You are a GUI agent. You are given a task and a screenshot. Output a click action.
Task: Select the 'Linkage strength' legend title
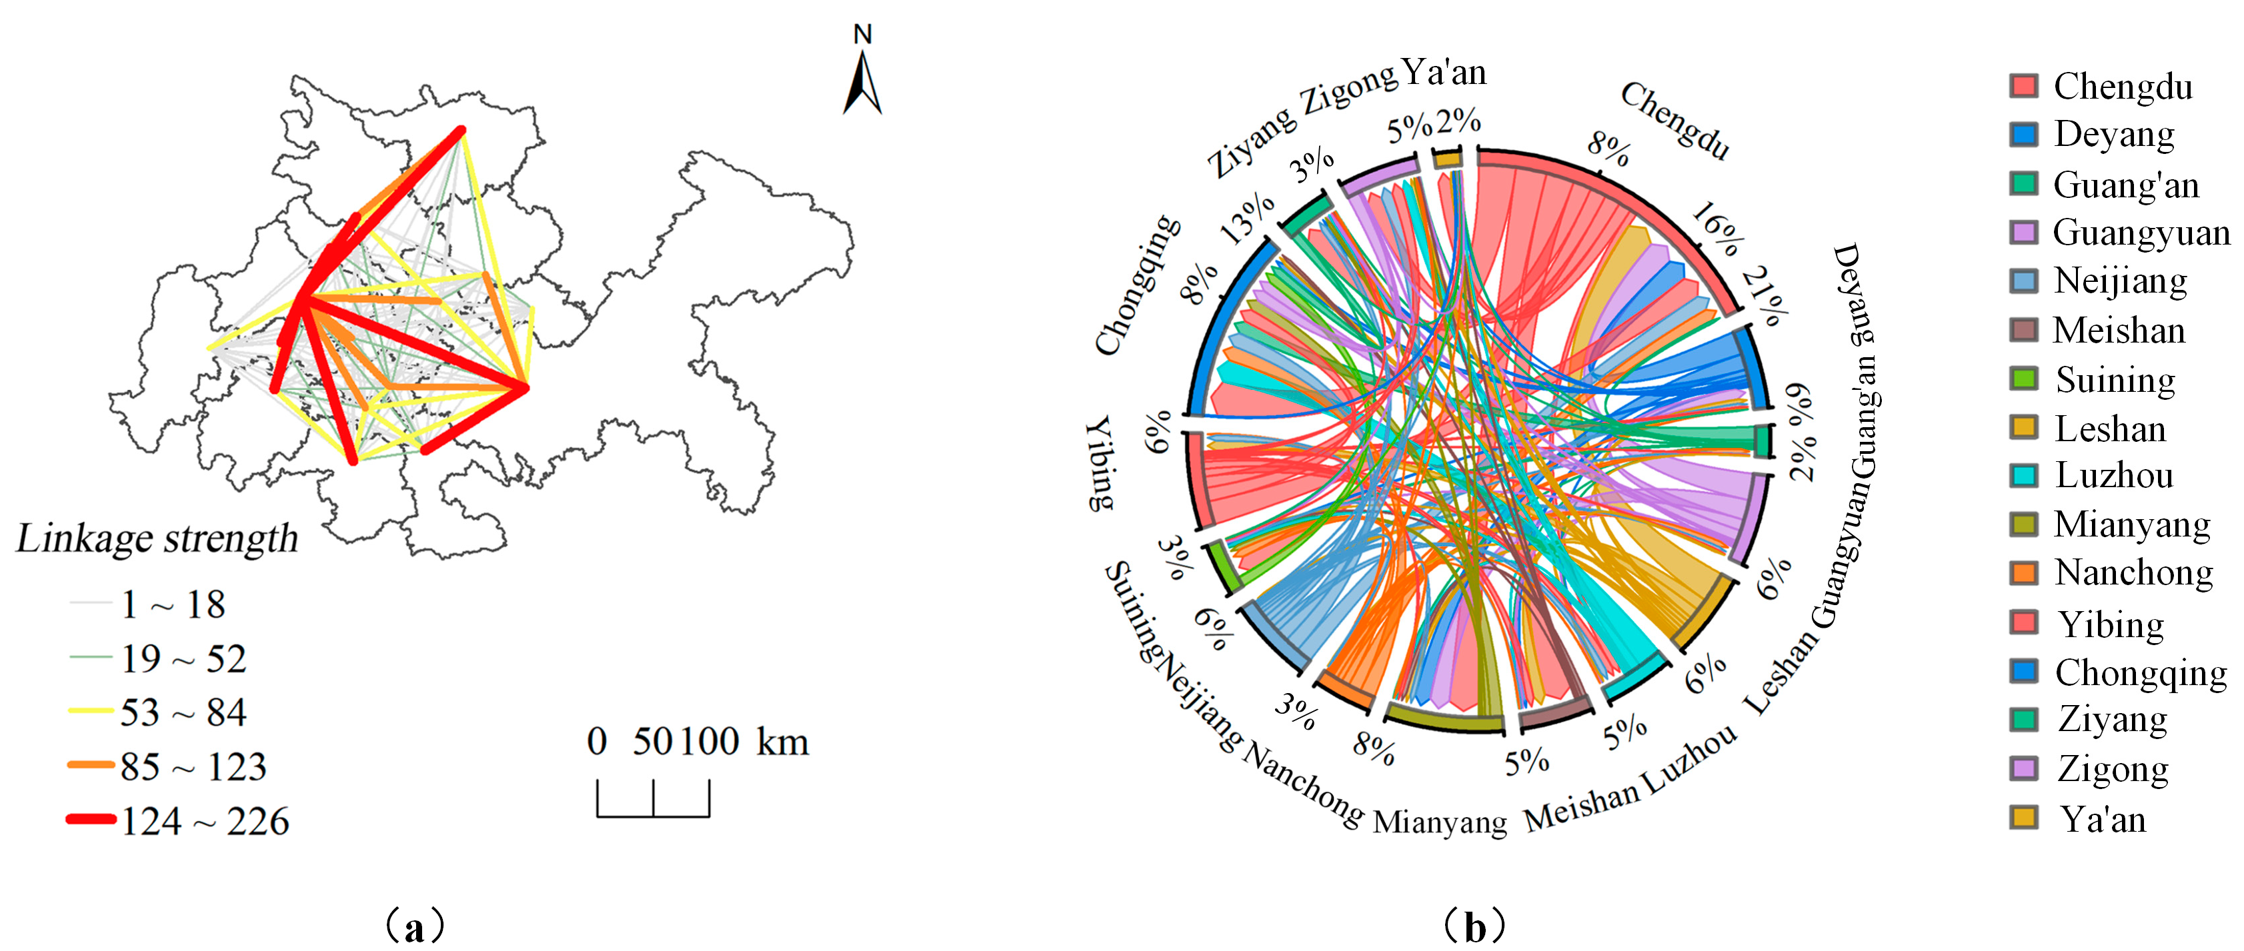tap(157, 538)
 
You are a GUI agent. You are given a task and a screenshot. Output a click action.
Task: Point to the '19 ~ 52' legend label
tap(183, 658)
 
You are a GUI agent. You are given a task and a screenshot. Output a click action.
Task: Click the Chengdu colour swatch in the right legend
tap(2024, 86)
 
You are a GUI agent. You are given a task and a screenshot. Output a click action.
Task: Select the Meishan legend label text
tap(2119, 330)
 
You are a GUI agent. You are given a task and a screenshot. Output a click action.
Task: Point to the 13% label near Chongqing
tap(1248, 218)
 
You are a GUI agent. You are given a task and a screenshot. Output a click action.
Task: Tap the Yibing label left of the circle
tap(1100, 462)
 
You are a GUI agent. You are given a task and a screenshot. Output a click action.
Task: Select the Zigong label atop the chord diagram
tap(1348, 91)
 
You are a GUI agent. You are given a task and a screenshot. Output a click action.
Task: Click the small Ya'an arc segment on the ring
tap(1448, 159)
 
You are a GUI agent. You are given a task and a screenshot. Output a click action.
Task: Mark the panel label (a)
tap(415, 926)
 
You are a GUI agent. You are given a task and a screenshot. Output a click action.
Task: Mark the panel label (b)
tap(1475, 926)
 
